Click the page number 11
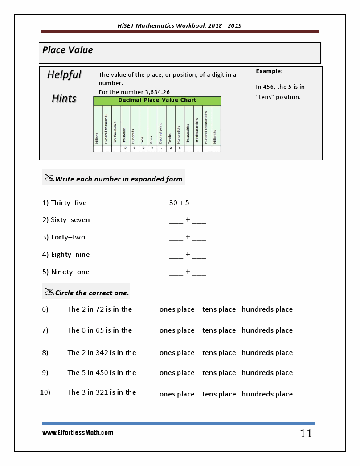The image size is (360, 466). tap(306, 433)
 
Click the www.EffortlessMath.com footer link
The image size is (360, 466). tap(78, 433)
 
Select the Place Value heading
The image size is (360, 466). tap(68, 50)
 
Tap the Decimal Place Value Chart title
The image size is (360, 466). tap(157, 100)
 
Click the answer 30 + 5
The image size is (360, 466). tap(179, 203)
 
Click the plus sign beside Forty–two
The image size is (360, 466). tap(188, 237)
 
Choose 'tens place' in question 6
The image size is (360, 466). tap(219, 309)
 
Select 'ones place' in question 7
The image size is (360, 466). tap(177, 330)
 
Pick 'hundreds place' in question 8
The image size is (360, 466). tap(267, 353)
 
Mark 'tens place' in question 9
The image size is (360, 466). tap(219, 373)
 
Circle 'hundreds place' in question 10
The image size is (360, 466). tap(267, 394)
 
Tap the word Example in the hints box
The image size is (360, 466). tap(269, 71)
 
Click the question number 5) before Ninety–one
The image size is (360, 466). tap(45, 272)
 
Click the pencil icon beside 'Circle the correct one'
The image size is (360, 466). tap(49, 292)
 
